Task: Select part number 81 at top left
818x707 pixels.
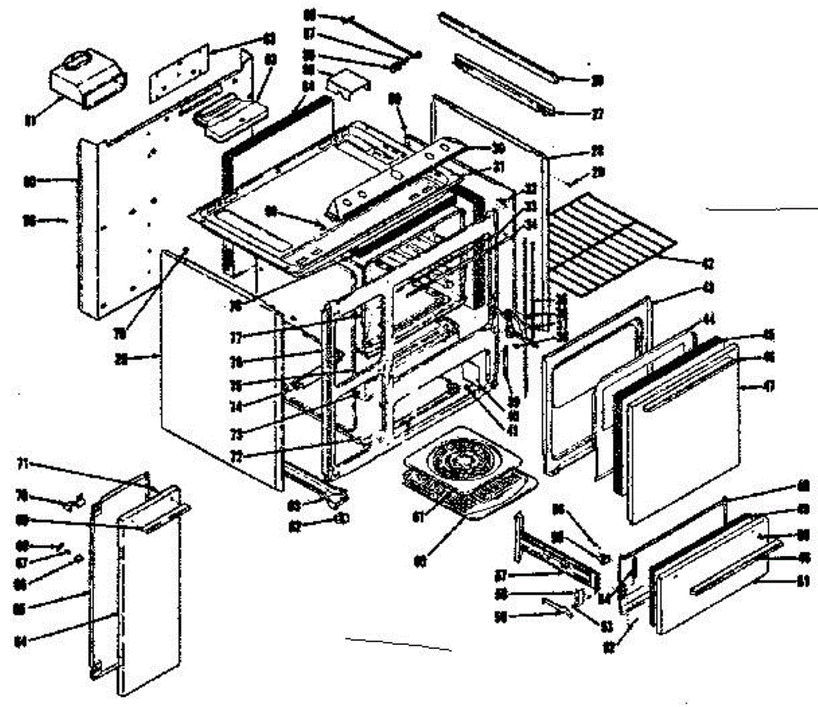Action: (x=29, y=121)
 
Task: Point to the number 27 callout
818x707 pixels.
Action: (x=597, y=114)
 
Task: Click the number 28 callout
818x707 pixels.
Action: (x=596, y=150)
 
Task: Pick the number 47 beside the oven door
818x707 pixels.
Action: (x=769, y=386)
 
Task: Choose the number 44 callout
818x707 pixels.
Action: (x=709, y=319)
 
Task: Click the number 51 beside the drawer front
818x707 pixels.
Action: (x=803, y=581)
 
